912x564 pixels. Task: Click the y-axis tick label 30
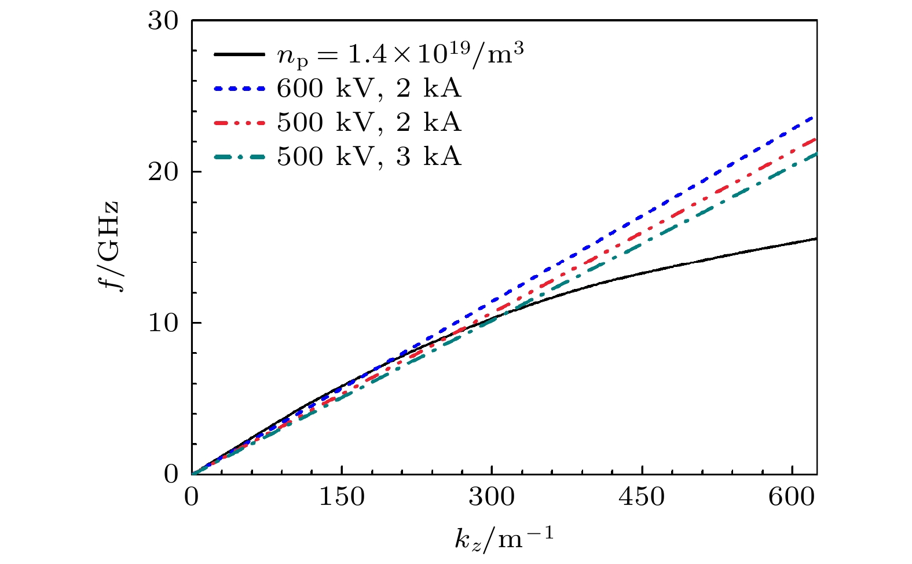163,21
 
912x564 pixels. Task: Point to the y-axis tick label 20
163,172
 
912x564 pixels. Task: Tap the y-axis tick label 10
163,323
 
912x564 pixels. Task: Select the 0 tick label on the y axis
171,474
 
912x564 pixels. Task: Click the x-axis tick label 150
342,497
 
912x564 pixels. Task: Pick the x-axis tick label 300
492,497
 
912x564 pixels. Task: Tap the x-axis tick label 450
642,497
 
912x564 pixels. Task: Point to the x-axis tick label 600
792,497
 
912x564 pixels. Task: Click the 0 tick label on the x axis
192,497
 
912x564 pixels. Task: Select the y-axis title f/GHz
109,246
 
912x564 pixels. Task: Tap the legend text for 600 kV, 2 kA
369,89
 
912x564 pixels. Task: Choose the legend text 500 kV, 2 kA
369,123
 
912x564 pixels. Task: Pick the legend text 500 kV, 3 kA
369,157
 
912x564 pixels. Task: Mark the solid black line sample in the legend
239,54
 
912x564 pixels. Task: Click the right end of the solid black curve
815,239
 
